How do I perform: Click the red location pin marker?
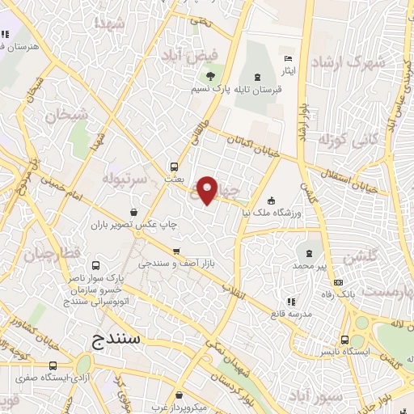(x=208, y=189)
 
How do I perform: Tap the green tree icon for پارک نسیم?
(x=209, y=77)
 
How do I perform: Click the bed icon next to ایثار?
(x=289, y=58)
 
